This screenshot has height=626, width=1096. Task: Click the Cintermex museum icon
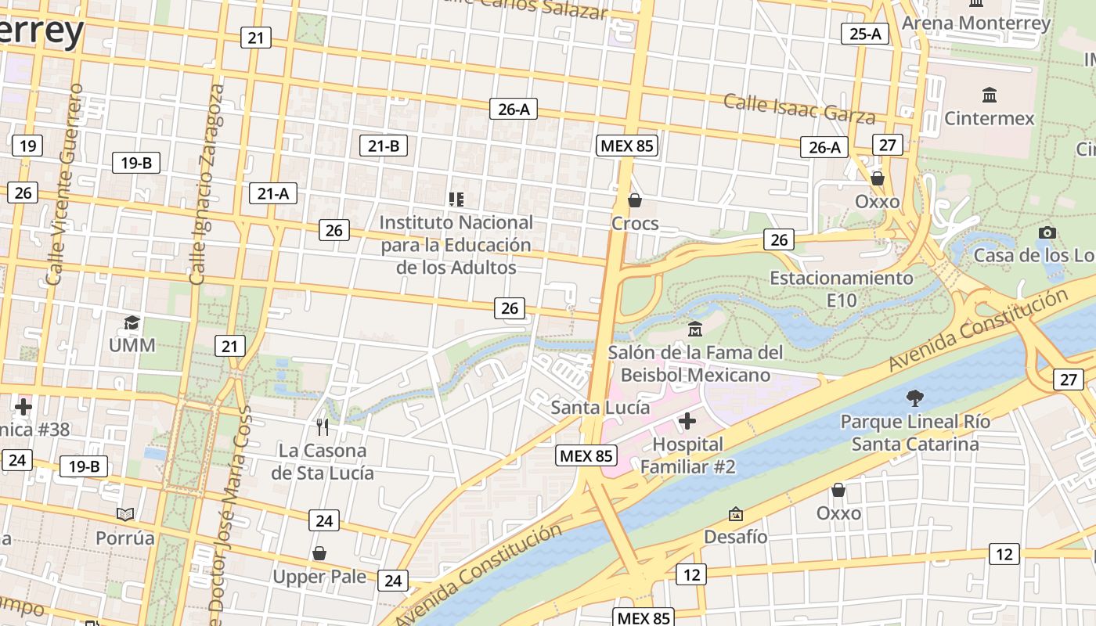click(x=989, y=95)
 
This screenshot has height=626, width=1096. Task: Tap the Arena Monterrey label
click(x=975, y=23)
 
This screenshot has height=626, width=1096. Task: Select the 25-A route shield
click(x=864, y=34)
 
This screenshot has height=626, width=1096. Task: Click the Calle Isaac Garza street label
click(x=799, y=109)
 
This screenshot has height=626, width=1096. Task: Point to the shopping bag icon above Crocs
click(x=635, y=200)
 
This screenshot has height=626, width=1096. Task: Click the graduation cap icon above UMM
click(x=132, y=322)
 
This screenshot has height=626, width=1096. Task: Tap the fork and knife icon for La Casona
click(x=322, y=426)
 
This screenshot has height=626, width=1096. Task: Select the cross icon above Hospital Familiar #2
click(x=687, y=421)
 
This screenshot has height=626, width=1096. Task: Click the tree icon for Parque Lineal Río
click(x=914, y=398)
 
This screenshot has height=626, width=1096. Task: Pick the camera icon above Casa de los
click(x=1047, y=232)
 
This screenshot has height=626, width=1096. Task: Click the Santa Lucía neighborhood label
click(x=600, y=407)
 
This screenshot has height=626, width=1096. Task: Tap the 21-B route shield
click(x=384, y=145)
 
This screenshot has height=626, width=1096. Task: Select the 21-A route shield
click(x=273, y=193)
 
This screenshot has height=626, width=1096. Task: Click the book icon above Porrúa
click(x=125, y=514)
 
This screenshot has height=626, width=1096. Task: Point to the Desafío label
click(x=735, y=537)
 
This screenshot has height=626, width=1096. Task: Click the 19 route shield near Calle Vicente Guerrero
click(x=27, y=145)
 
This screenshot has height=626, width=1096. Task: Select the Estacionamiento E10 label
click(x=841, y=289)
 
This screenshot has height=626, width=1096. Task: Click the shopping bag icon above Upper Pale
click(x=319, y=553)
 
